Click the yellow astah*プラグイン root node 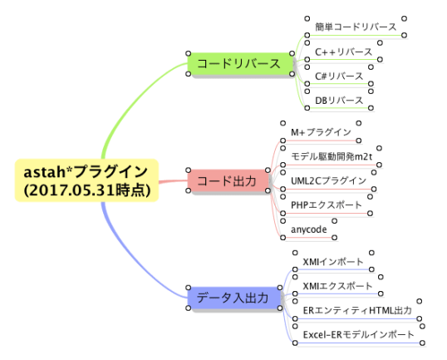pyautogui.click(x=86, y=180)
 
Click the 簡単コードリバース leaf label pyautogui.click(x=356, y=27)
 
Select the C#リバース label pyautogui.click(x=339, y=76)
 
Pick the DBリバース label pyautogui.click(x=339, y=100)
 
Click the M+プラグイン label pyautogui.click(x=320, y=132)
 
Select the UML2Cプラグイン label pyautogui.click(x=328, y=180)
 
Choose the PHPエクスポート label pyautogui.click(x=327, y=204)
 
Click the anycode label pyautogui.click(x=308, y=228)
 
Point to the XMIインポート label pyautogui.click(x=332, y=262)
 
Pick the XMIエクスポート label pyautogui.click(x=337, y=286)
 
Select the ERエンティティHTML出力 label pyautogui.click(x=357, y=310)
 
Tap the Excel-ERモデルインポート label pyautogui.click(x=358, y=334)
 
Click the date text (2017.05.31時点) pyautogui.click(x=86, y=190)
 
